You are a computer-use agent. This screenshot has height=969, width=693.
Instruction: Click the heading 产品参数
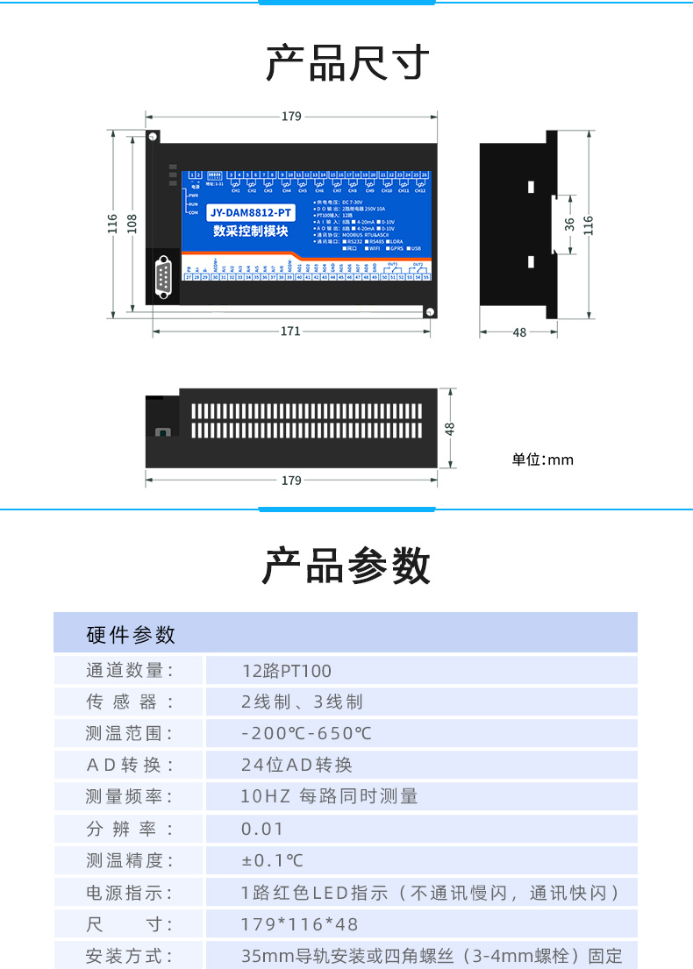pos(347,566)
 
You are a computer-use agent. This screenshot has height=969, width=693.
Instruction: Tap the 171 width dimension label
pos(290,331)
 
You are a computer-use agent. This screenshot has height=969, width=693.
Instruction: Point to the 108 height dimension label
pos(131,224)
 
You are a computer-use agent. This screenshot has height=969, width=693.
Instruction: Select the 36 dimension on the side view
pos(569,224)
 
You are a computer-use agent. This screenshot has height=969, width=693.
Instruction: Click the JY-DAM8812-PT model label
pos(251,213)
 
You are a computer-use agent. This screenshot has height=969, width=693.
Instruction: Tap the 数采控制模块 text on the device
pos(251,231)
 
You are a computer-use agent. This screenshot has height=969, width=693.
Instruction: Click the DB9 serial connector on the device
pos(163,278)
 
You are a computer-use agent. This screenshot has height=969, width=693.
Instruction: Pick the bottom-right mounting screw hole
pos(430,311)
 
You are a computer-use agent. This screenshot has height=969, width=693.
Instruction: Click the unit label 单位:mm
pos(543,460)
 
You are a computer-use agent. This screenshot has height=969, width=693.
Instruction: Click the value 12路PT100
pos(287,671)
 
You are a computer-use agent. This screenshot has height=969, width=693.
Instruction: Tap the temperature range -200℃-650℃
pos(306,733)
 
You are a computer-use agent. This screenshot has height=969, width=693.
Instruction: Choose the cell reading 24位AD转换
pos(296,765)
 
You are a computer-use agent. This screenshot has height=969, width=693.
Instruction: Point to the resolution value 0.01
pos(262,829)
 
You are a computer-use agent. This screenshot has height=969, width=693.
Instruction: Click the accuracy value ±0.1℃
pos(273,861)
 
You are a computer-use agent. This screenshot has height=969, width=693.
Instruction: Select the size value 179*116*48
pos(299,924)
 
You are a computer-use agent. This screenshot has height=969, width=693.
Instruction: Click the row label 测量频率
pos(129,796)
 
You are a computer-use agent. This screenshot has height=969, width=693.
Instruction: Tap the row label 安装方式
pos(129,956)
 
